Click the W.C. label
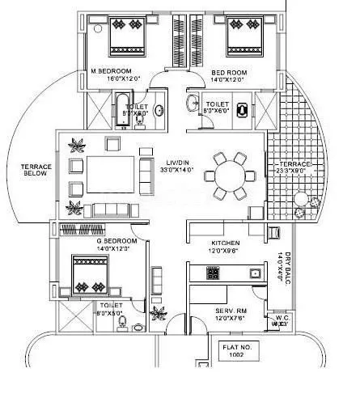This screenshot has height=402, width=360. point(282,320)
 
